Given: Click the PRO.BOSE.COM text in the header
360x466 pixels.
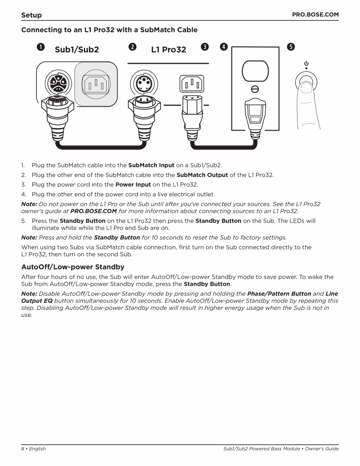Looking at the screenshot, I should pos(315,14).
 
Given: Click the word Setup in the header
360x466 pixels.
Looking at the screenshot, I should pos(31,15).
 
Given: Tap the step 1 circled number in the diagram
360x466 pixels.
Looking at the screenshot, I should pos(40,47).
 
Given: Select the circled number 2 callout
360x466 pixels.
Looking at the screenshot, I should pos(133,47).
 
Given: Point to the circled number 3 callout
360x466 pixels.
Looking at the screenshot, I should pos(204,47).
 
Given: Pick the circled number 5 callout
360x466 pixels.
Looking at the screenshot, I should pos(290,47).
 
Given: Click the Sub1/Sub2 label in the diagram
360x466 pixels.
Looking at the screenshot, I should pos(77,50).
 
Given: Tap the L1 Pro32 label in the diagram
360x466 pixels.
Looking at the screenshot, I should pos(168,50).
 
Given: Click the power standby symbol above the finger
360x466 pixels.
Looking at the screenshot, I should pos(306,63).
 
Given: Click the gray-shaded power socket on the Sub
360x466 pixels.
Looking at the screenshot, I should pos(96,84).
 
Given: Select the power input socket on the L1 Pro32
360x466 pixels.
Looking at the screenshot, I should pos(192,84).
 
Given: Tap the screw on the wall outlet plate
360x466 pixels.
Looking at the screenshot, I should pos(255,89).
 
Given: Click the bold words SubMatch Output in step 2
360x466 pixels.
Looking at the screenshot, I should pos(202,175).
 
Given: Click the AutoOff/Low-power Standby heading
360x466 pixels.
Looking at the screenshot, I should pos(72,267).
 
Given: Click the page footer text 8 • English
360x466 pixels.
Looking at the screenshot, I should pos(33,449).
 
